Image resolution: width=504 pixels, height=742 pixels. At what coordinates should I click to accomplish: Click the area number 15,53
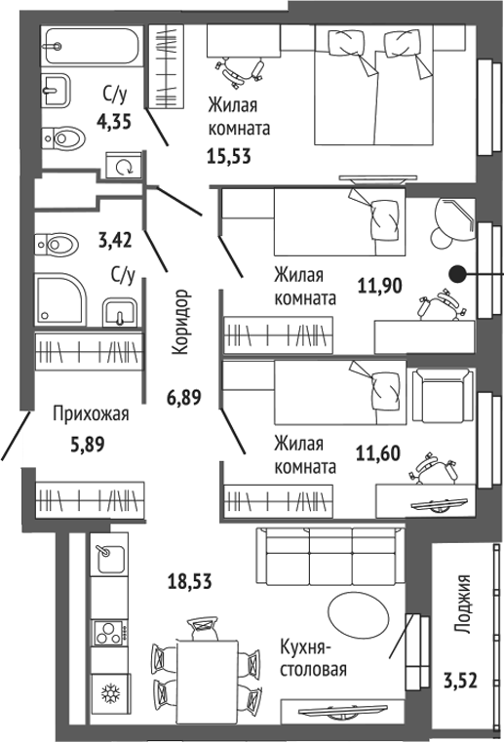pyautogui.click(x=229, y=156)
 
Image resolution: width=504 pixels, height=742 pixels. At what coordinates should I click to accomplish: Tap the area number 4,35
pyautogui.click(x=114, y=122)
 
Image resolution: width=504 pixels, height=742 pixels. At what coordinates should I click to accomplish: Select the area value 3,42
pyautogui.click(x=115, y=241)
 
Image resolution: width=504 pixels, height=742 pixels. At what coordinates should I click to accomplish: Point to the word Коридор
pyautogui.click(x=180, y=322)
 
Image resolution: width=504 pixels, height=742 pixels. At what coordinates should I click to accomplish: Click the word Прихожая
pyautogui.click(x=91, y=413)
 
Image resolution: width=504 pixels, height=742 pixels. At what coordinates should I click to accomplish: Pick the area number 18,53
pyautogui.click(x=190, y=581)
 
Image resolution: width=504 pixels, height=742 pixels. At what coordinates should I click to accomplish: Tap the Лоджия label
pyautogui.click(x=463, y=605)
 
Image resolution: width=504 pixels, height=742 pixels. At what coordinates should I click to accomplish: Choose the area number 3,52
pyautogui.click(x=460, y=681)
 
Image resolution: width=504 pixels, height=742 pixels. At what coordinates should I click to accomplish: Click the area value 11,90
pyautogui.click(x=379, y=286)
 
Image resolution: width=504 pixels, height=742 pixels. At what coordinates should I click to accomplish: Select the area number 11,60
pyautogui.click(x=377, y=452)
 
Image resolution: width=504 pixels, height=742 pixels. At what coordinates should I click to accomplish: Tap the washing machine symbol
pyautogui.click(x=124, y=166)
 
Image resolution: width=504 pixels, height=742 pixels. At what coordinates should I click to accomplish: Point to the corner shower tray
pyautogui.click(x=60, y=299)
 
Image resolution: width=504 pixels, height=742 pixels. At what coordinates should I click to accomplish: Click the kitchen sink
pyautogui.click(x=111, y=558)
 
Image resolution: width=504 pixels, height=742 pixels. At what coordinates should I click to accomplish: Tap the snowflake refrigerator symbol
pyautogui.click(x=110, y=694)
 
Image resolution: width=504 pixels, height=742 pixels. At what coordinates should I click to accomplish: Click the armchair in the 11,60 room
pyautogui.click(x=443, y=395)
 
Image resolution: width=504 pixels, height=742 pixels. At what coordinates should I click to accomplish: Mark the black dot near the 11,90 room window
pyautogui.click(x=457, y=274)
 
